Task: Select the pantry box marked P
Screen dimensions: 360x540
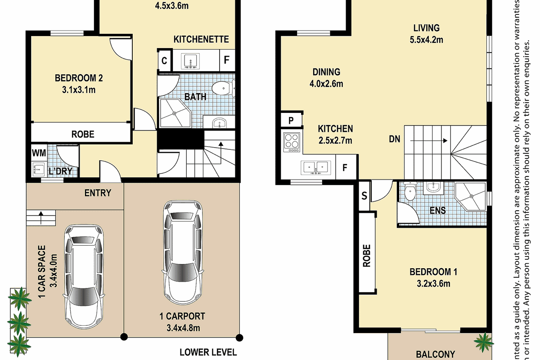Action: pos(290,121)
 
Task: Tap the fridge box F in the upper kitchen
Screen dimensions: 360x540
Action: pos(345,168)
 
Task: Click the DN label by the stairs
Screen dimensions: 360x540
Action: pos(395,139)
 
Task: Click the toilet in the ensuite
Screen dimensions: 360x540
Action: pos(410,192)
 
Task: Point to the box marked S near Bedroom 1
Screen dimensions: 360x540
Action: pos(364,195)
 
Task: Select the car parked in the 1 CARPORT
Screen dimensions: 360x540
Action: pos(182,252)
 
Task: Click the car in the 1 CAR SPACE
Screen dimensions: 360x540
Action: pos(84,277)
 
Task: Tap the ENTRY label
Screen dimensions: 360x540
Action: pos(98,193)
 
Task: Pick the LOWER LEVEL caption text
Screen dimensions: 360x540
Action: pos(208,352)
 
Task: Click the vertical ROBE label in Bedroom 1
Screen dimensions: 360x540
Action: pos(367,256)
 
